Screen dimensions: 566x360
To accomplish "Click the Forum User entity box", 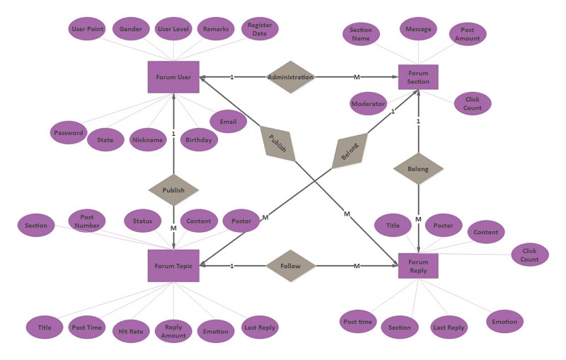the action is point(173,77).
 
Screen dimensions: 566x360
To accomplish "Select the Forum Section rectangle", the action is point(418,77).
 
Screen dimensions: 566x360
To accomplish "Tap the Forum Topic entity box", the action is point(173,266).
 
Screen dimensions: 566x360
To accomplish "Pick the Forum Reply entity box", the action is point(418,266).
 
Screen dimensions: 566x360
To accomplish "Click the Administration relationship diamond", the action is point(290,77).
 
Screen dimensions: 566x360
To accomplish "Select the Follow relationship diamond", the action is point(290,266).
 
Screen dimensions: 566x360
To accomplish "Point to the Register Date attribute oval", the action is point(260,29).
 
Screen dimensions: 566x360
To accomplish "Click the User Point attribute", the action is point(87,29).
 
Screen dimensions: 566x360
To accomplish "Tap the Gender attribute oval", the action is point(131,29).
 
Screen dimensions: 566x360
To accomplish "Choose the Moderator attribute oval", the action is point(368,103).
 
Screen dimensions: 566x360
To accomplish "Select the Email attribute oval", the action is point(228,122).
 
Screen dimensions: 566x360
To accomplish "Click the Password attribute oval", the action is point(68,132).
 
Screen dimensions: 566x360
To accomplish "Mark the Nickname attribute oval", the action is point(148,139).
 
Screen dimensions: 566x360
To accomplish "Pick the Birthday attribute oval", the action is point(199,139).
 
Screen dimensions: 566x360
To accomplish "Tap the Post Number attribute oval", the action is point(86,221).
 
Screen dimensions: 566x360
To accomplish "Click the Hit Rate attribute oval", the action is point(131,331).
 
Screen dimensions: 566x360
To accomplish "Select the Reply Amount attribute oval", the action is point(173,331).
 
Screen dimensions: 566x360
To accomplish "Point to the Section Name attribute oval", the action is point(361,34).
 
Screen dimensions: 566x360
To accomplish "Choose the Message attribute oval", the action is point(418,29).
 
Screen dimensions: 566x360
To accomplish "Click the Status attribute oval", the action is point(142,221).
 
